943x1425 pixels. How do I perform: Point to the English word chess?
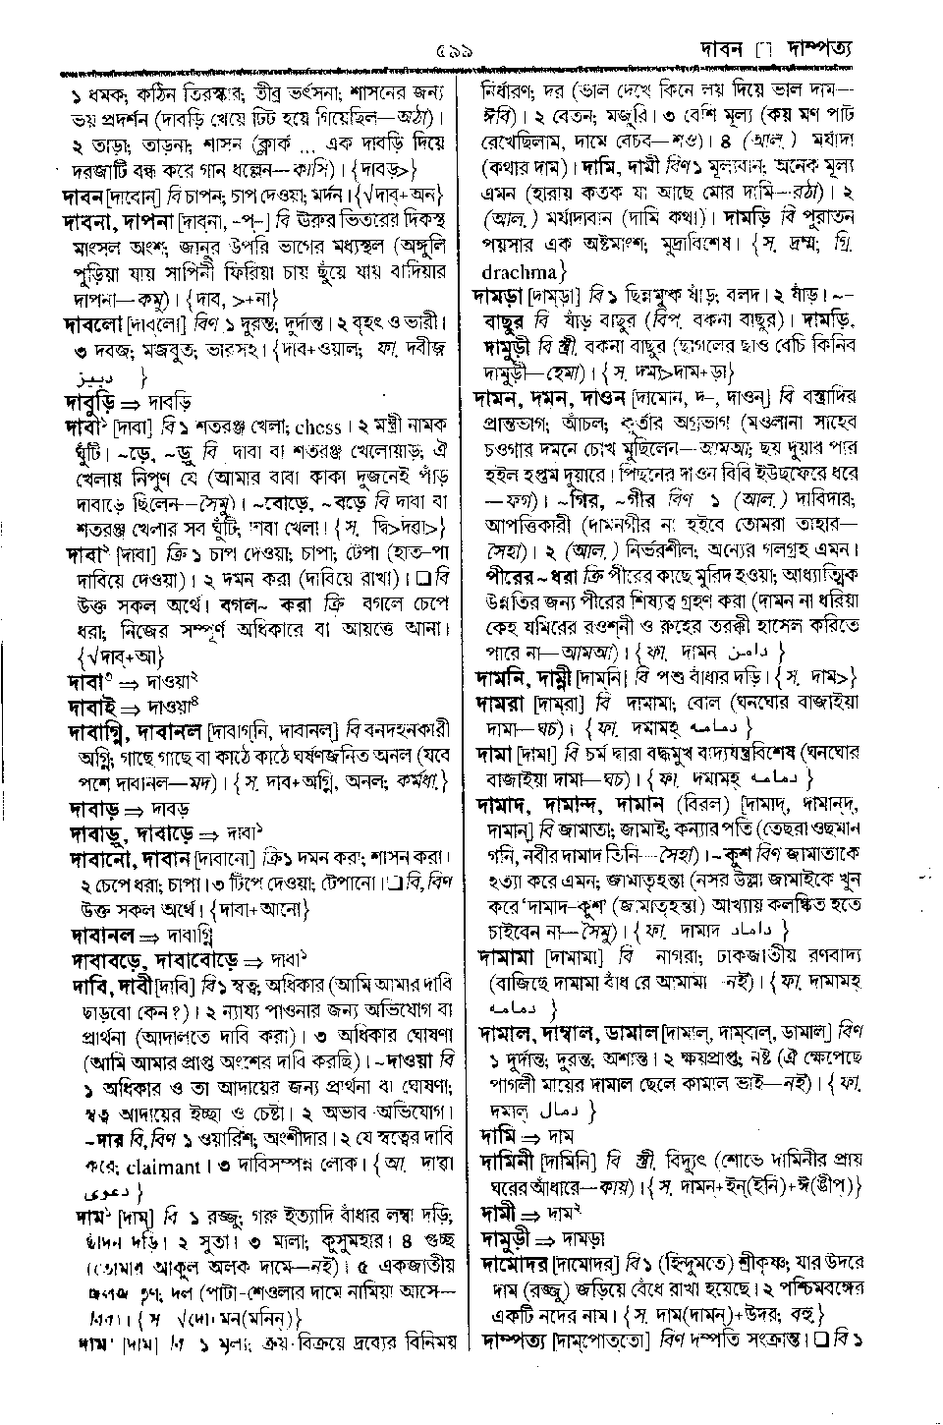(x=316, y=427)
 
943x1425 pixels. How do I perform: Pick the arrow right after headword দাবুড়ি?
(x=134, y=403)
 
